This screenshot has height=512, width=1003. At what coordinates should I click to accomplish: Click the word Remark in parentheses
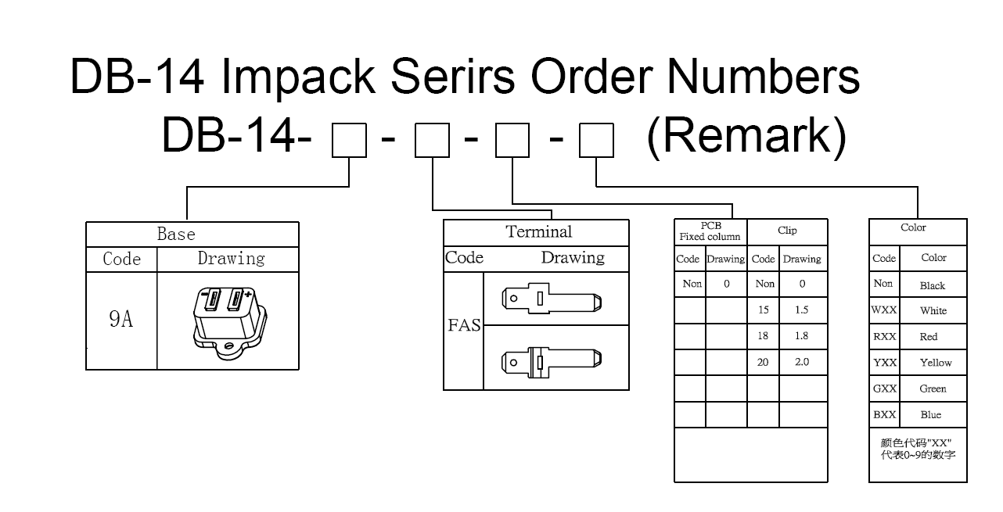tap(746, 137)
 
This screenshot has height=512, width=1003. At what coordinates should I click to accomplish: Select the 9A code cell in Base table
tap(120, 319)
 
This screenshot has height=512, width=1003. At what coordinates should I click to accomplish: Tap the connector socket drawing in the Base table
tap(227, 320)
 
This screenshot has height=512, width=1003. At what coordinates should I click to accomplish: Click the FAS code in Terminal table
tap(464, 325)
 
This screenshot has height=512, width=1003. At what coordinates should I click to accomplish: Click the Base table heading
tap(176, 234)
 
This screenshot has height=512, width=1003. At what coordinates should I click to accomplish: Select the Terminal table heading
tap(538, 231)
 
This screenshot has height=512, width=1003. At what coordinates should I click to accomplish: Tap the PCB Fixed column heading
tap(710, 231)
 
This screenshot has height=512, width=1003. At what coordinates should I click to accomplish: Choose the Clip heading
tap(787, 231)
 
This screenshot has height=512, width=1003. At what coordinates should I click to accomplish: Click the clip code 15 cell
tap(764, 310)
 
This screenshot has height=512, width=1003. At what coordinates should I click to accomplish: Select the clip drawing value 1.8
tap(802, 336)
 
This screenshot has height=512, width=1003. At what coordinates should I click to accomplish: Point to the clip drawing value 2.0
tap(802, 362)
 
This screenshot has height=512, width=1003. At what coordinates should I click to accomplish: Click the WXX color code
tap(884, 310)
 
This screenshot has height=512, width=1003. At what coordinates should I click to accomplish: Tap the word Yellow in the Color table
tap(936, 363)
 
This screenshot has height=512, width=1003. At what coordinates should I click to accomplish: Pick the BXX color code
tap(884, 414)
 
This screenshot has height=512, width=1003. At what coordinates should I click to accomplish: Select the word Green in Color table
tap(933, 388)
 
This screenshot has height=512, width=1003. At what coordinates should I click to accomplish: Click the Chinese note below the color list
tap(918, 449)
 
